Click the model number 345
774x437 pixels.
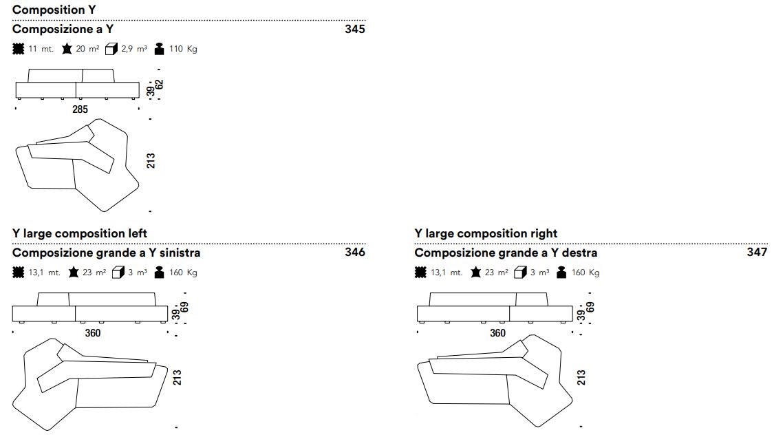pyautogui.click(x=355, y=29)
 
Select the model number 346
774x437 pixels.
pyautogui.click(x=355, y=253)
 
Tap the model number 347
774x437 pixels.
pyautogui.click(x=757, y=253)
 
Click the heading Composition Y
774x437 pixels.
pyautogui.click(x=54, y=10)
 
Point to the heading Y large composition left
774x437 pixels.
pyautogui.click(x=80, y=233)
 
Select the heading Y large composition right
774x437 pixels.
pyautogui.click(x=486, y=233)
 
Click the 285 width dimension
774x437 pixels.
pyautogui.click(x=80, y=109)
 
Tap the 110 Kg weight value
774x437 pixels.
pyautogui.click(x=183, y=49)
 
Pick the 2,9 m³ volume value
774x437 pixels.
pyautogui.click(x=134, y=49)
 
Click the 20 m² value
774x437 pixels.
pyautogui.click(x=87, y=49)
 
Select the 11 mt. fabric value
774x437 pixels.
pyautogui.click(x=41, y=49)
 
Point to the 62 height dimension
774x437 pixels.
pyautogui.click(x=159, y=85)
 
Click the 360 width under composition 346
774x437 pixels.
pyautogui.click(x=93, y=333)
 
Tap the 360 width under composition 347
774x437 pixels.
pyautogui.click(x=497, y=333)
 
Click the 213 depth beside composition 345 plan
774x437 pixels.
pyautogui.click(x=151, y=161)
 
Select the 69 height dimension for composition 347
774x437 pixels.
pyautogui.click(x=590, y=308)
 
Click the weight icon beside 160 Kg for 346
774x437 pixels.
pyautogui.click(x=159, y=272)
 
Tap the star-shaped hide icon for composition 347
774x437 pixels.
pyautogui.click(x=476, y=272)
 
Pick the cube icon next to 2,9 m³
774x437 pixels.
pyautogui.click(x=111, y=49)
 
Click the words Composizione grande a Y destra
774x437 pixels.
pyautogui.click(x=506, y=253)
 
